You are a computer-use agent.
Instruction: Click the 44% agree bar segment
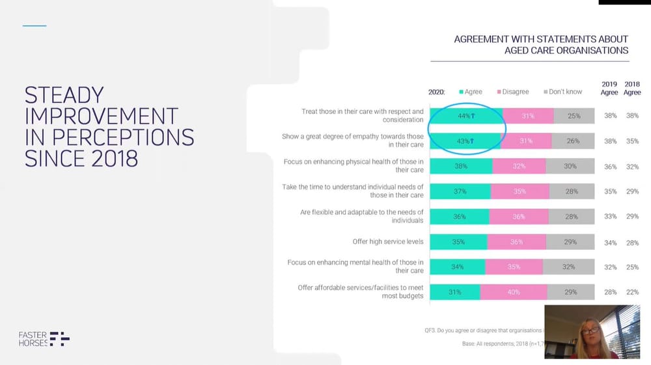click(x=466, y=116)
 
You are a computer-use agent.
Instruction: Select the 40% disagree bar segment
click(x=514, y=292)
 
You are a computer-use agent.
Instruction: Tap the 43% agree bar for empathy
click(x=465, y=141)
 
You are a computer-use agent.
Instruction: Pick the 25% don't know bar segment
click(x=574, y=116)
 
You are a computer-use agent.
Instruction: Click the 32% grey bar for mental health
click(x=568, y=267)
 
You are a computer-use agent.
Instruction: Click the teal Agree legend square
click(x=462, y=92)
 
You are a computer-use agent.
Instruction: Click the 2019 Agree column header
click(x=609, y=88)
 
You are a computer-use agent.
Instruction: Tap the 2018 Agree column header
click(x=632, y=88)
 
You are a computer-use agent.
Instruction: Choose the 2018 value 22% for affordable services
click(x=632, y=292)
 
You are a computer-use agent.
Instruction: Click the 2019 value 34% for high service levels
click(x=610, y=242)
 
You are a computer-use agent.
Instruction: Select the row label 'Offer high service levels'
click(x=388, y=242)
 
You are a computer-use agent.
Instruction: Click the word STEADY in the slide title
click(x=64, y=95)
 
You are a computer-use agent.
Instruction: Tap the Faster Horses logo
click(x=44, y=338)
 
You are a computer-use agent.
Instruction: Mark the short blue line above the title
click(x=35, y=26)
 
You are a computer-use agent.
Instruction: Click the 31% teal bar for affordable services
click(x=455, y=292)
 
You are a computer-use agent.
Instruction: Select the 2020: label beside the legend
click(x=437, y=92)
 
